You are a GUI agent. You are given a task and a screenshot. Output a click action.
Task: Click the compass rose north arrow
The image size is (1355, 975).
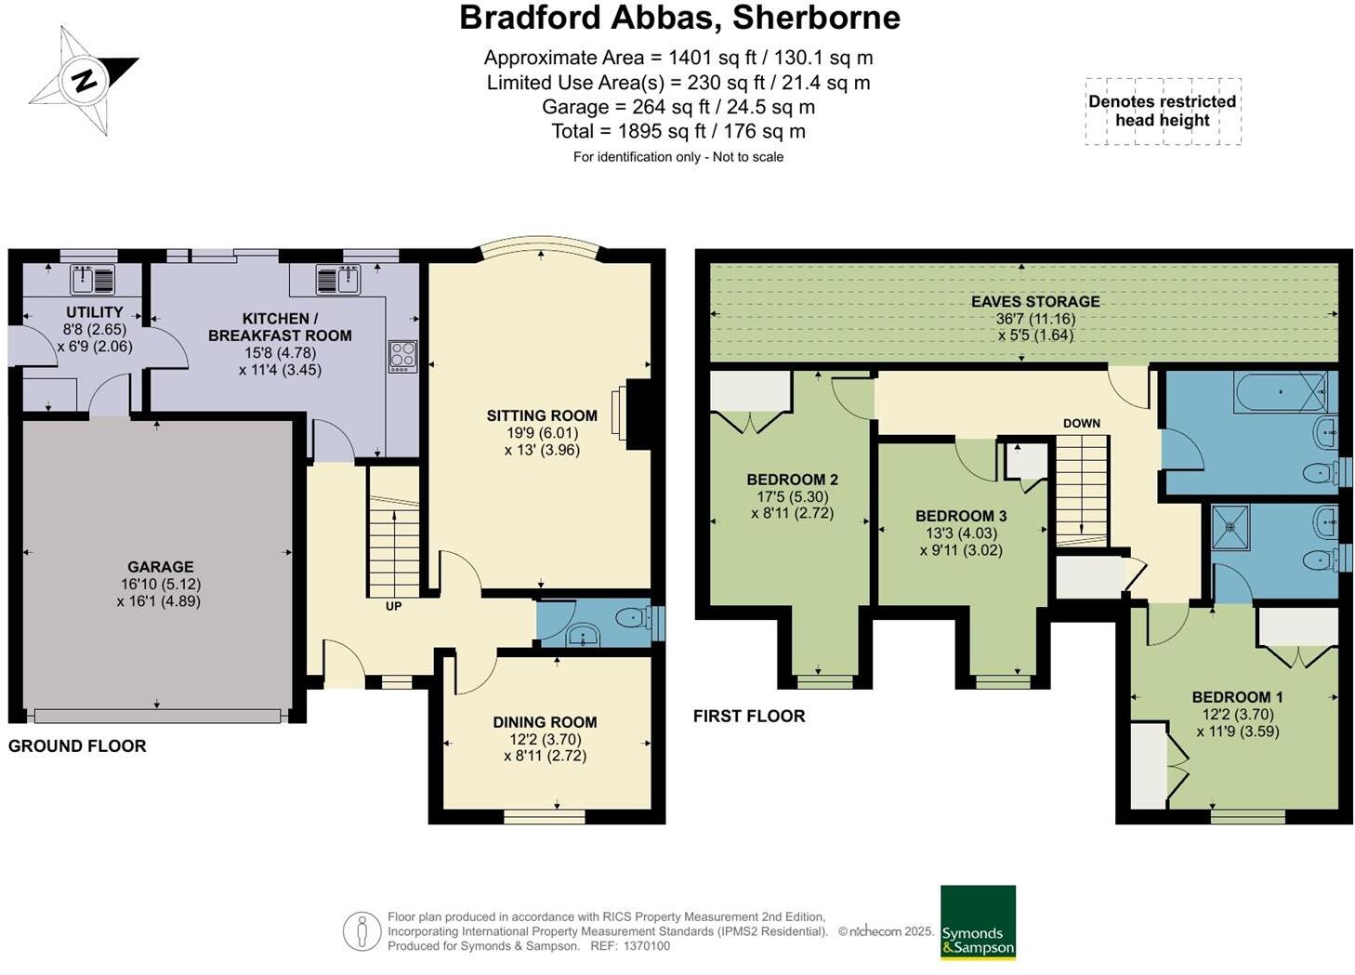85,80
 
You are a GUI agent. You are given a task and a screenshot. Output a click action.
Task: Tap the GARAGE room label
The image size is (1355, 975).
161,566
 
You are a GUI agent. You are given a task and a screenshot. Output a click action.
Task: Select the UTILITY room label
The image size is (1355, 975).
94,312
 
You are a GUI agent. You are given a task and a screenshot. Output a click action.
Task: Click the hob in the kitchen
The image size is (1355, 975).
402,355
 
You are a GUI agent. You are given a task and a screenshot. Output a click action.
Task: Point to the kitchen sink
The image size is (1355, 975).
336,279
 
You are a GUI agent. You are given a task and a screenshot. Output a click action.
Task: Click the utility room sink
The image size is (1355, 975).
92,279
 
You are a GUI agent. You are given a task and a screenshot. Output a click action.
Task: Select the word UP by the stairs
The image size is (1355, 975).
394,606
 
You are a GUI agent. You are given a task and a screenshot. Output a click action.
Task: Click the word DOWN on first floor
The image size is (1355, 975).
1081,423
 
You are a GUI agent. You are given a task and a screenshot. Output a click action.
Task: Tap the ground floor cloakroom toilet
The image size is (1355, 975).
633,616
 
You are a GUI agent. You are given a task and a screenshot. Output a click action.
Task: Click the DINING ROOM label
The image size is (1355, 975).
545,722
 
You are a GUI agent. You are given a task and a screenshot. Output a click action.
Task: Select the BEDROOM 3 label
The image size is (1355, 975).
961,516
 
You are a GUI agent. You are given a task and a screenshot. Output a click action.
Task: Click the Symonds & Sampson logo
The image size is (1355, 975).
978,922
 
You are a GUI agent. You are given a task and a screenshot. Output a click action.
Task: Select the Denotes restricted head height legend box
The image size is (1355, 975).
1162,111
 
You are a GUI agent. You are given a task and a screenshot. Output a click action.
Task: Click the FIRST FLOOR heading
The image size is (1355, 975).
749,716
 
